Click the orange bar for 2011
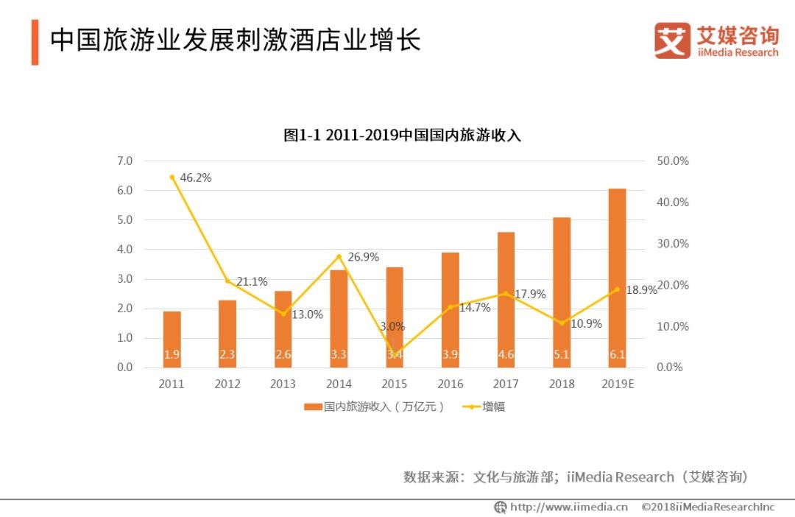pos(172,339)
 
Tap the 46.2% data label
pos(196,177)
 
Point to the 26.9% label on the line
pos(363,257)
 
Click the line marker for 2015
pos(395,355)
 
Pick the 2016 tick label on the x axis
pos(451,384)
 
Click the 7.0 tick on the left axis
pos(124,161)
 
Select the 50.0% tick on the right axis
pos(671,161)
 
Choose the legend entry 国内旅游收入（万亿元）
pos(375,407)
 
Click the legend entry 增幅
pos(486,407)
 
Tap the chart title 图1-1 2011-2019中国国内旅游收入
pos(403,136)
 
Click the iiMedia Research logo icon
pos(672,41)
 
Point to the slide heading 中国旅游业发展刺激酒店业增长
pos(235,41)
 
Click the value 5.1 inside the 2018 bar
pos(562,355)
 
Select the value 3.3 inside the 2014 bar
pos(339,355)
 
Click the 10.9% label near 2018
pos(587,323)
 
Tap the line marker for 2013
pos(283,314)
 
